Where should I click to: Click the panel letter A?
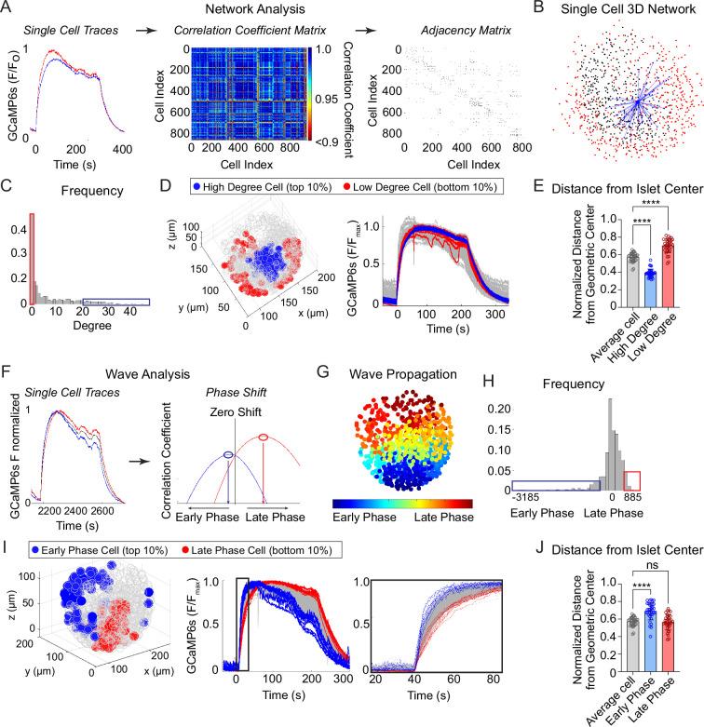(8, 9)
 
